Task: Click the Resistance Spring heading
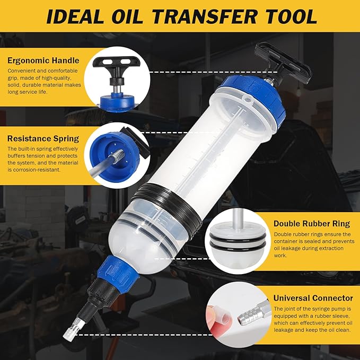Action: tap(43, 139)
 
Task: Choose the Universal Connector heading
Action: tap(313, 298)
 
